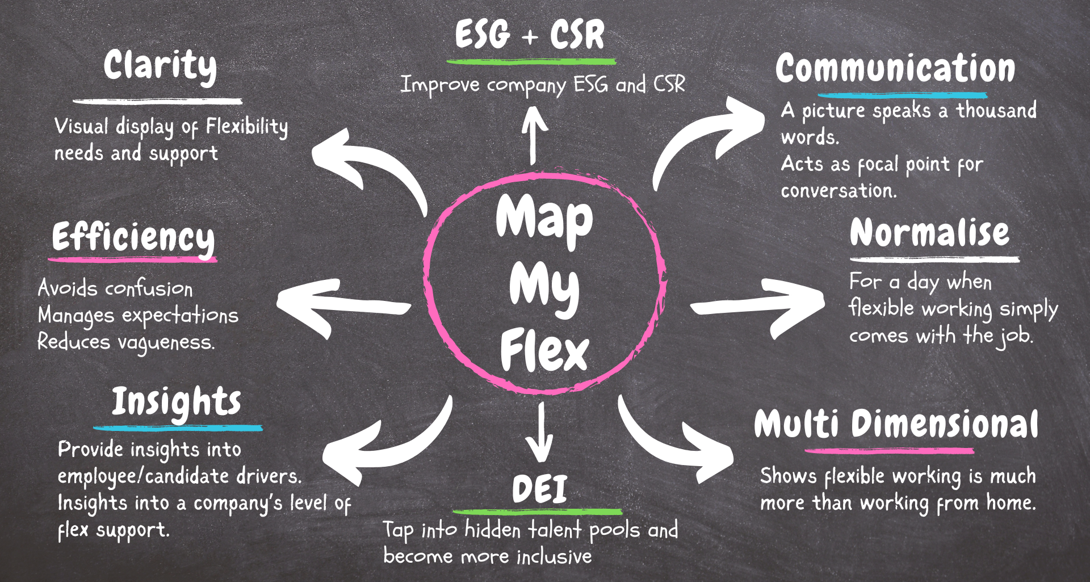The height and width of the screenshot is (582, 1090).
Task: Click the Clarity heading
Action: [160, 66]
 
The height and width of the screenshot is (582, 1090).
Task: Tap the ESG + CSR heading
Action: [530, 35]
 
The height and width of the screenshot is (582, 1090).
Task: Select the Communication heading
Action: [895, 69]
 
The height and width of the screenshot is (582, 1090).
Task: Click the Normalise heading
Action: [929, 233]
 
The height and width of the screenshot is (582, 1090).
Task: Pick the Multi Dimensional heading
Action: [896, 425]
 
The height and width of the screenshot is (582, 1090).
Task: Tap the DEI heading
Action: [539, 489]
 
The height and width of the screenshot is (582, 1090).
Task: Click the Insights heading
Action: [177, 402]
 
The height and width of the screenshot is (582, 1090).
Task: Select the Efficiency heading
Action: [133, 237]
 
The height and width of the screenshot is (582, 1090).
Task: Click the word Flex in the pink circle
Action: [544, 351]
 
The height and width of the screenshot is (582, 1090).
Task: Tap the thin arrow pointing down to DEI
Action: [540, 432]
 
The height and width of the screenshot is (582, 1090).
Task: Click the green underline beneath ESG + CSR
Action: [531, 61]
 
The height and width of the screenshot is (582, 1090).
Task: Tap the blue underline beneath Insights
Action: [178, 428]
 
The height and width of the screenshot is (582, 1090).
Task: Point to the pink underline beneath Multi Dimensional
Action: [889, 451]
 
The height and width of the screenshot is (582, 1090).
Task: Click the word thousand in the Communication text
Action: [996, 110]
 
